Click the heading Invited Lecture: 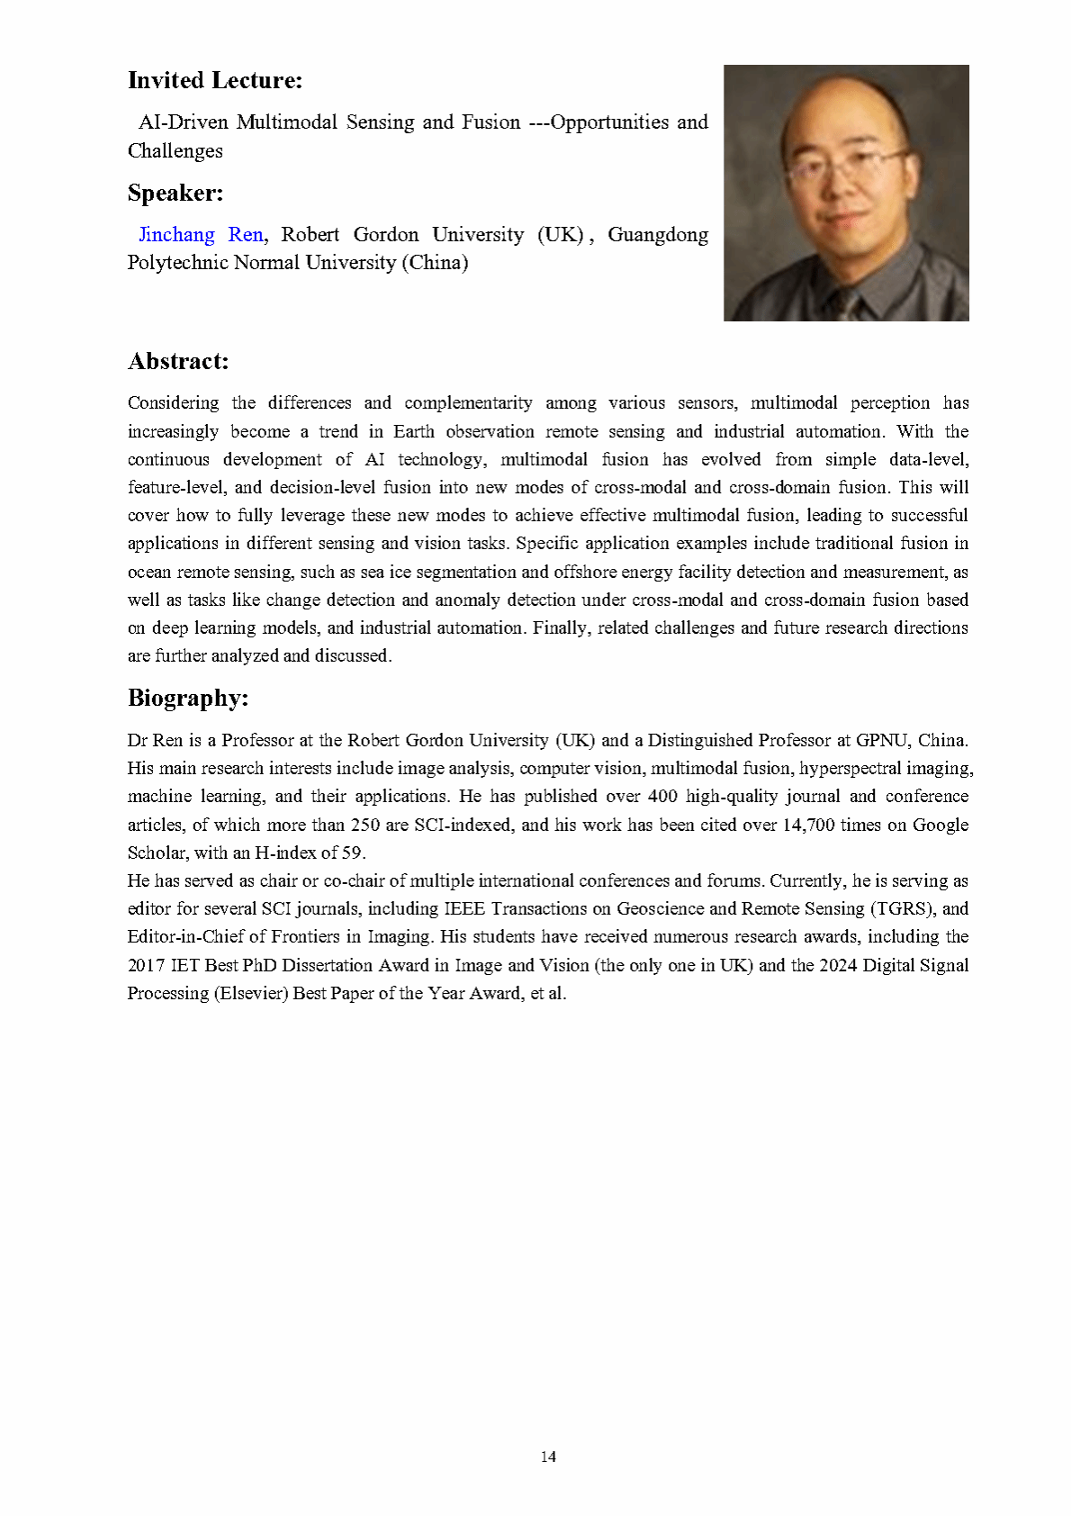(215, 81)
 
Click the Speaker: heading (175, 194)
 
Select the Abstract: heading (178, 362)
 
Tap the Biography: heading (188, 699)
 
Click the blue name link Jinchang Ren (201, 235)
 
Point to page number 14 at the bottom (548, 1457)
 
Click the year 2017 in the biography (146, 965)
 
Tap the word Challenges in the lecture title (175, 151)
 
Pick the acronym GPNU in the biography (882, 740)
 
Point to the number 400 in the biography (662, 796)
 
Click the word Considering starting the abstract (173, 402)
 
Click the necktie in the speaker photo (849, 303)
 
